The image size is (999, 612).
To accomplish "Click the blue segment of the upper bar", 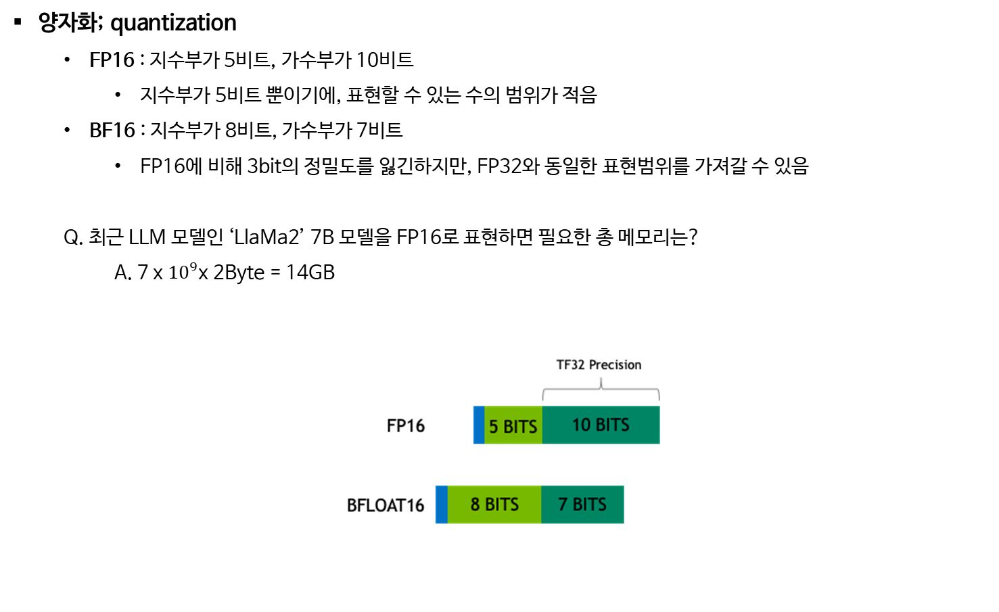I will click(478, 425).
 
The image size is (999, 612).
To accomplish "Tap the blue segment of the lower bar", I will click(441, 504).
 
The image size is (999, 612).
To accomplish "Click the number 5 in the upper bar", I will click(494, 427).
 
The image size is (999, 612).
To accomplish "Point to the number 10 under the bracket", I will click(581, 425).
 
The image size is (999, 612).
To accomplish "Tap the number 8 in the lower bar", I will click(475, 504).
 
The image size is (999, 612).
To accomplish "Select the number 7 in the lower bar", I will click(563, 504).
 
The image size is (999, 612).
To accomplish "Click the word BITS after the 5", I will click(520, 427).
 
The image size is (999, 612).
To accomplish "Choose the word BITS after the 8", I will click(502, 504).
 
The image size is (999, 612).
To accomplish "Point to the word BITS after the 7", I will click(590, 504).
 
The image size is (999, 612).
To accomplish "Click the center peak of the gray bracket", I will click(601, 381).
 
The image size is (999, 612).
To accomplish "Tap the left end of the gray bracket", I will click(543, 398).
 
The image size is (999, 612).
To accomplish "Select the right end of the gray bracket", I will click(659, 398).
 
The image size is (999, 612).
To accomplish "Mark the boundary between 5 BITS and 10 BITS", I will click(542, 425).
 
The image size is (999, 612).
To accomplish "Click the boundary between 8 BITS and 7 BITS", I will click(541, 504).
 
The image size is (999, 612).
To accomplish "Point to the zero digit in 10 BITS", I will click(586, 425).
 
